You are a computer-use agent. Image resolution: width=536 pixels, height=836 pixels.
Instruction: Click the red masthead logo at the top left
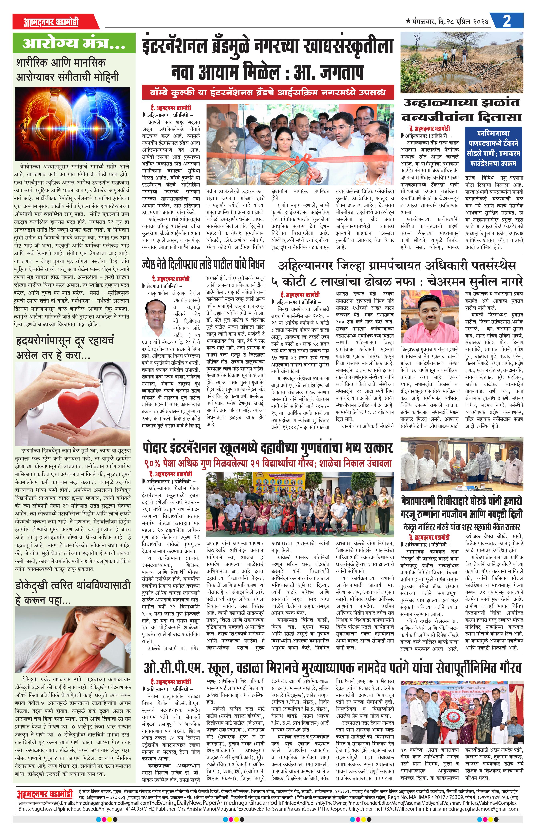pos(51,22)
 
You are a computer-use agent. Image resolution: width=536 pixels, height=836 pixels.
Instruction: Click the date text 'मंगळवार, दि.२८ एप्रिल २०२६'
pos(449,22)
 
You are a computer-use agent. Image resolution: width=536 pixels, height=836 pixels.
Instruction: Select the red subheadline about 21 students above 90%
pos(268,463)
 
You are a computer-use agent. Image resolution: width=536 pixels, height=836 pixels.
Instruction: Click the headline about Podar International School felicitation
pos(268,448)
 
